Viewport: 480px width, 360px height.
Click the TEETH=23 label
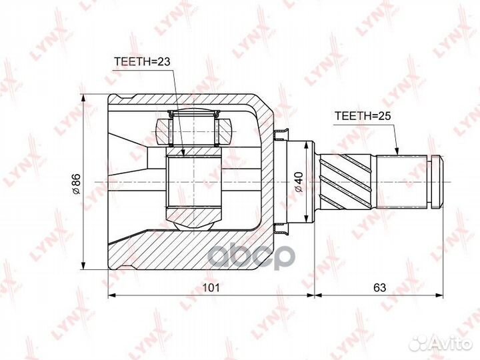(x=142, y=61)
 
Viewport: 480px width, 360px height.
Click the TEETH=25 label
(x=363, y=116)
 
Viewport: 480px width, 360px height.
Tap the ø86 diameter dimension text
(x=75, y=184)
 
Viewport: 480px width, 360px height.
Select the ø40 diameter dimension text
(x=299, y=182)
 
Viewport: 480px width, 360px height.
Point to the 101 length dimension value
(x=211, y=287)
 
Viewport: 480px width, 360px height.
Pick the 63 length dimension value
(x=379, y=287)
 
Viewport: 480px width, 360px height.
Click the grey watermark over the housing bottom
(x=251, y=257)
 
